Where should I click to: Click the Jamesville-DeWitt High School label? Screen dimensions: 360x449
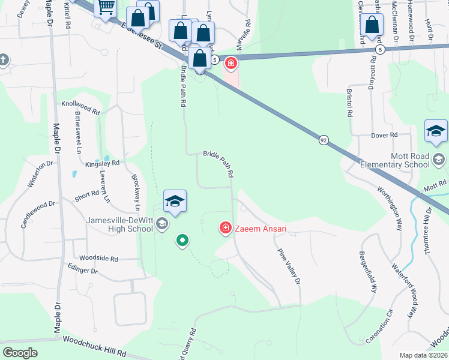coord(118,224)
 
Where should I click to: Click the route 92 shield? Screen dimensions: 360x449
coord(324,139)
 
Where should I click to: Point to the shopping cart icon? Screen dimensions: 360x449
coord(106,7)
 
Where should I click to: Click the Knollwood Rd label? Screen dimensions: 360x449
coord(80,108)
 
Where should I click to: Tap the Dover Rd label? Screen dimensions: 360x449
coord(385,136)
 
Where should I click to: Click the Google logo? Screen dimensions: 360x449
coord(20,352)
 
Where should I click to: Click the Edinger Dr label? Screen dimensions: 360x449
coord(82,271)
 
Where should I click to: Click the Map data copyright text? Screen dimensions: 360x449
coord(423,355)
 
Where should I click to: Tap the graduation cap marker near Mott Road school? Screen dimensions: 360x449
coord(436,132)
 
